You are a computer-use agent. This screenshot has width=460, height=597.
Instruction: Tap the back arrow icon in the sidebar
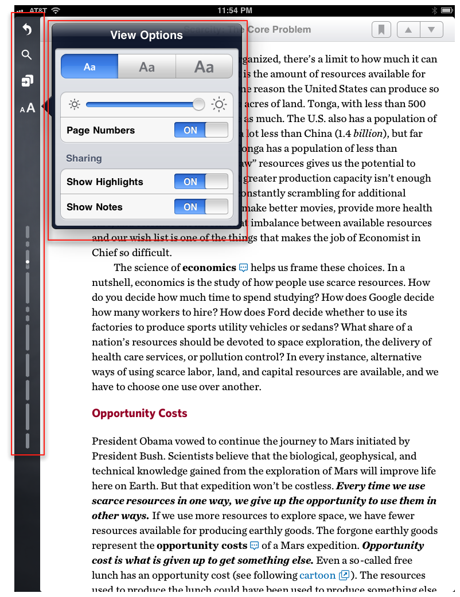(26, 29)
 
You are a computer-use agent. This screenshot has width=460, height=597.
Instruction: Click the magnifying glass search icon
(26, 55)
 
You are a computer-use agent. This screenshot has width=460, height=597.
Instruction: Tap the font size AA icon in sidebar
(28, 107)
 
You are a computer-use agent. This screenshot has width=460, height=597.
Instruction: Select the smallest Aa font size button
(89, 66)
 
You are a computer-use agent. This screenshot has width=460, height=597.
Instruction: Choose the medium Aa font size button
(147, 66)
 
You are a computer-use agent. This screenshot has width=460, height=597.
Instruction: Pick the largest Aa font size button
(204, 66)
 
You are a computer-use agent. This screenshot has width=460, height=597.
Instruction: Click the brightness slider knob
(198, 104)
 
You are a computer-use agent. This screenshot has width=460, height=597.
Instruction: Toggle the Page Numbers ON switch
(201, 130)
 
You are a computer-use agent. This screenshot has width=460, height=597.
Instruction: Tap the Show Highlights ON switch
(201, 182)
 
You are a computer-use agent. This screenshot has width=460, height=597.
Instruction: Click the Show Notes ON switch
(201, 207)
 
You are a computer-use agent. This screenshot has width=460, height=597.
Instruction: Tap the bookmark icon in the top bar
(381, 29)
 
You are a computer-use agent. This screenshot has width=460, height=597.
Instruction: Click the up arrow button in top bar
(408, 29)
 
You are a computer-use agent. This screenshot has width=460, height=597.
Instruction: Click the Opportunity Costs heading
(139, 413)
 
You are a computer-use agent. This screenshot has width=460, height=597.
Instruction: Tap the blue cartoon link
(317, 575)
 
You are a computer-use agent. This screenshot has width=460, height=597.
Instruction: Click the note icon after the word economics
(244, 267)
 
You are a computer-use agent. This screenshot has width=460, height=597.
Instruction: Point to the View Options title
(146, 35)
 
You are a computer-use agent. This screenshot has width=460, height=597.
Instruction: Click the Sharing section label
(84, 158)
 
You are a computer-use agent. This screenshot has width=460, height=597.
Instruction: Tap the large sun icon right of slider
(219, 104)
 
